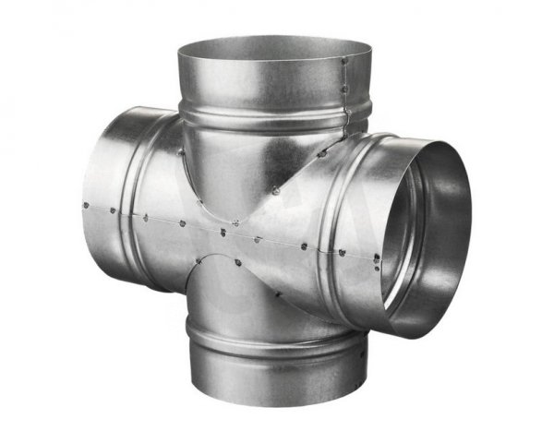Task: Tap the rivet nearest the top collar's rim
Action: [x=343, y=63]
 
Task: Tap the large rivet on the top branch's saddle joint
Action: [x=278, y=190]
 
